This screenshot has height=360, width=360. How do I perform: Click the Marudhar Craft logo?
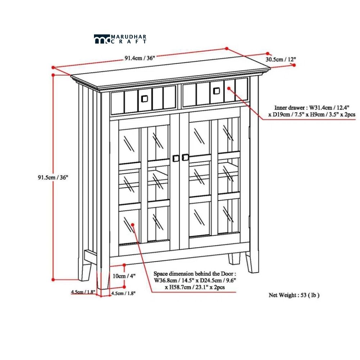point(120,39)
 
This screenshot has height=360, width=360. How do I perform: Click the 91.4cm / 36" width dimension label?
point(140,58)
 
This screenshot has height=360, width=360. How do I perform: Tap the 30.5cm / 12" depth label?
point(281,59)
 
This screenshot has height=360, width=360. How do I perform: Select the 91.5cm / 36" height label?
point(53,177)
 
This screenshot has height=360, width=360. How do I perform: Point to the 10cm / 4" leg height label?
point(124,276)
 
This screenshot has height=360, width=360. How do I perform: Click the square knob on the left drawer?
point(144,99)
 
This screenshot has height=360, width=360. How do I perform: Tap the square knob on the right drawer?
point(216,91)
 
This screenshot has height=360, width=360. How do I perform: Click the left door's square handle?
point(176,158)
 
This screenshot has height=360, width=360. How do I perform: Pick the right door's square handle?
point(185,157)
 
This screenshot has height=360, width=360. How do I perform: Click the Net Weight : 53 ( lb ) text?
point(294,295)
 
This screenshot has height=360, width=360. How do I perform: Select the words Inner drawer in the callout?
point(289,107)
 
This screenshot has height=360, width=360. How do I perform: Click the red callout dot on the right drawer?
point(229,89)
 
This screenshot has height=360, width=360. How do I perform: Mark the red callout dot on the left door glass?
point(132,225)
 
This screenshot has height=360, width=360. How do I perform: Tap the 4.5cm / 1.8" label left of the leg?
point(83,292)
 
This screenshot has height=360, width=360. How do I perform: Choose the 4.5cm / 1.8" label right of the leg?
point(123,293)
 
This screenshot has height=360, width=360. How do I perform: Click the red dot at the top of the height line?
point(53,75)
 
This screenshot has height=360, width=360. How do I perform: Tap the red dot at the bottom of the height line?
point(53,279)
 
